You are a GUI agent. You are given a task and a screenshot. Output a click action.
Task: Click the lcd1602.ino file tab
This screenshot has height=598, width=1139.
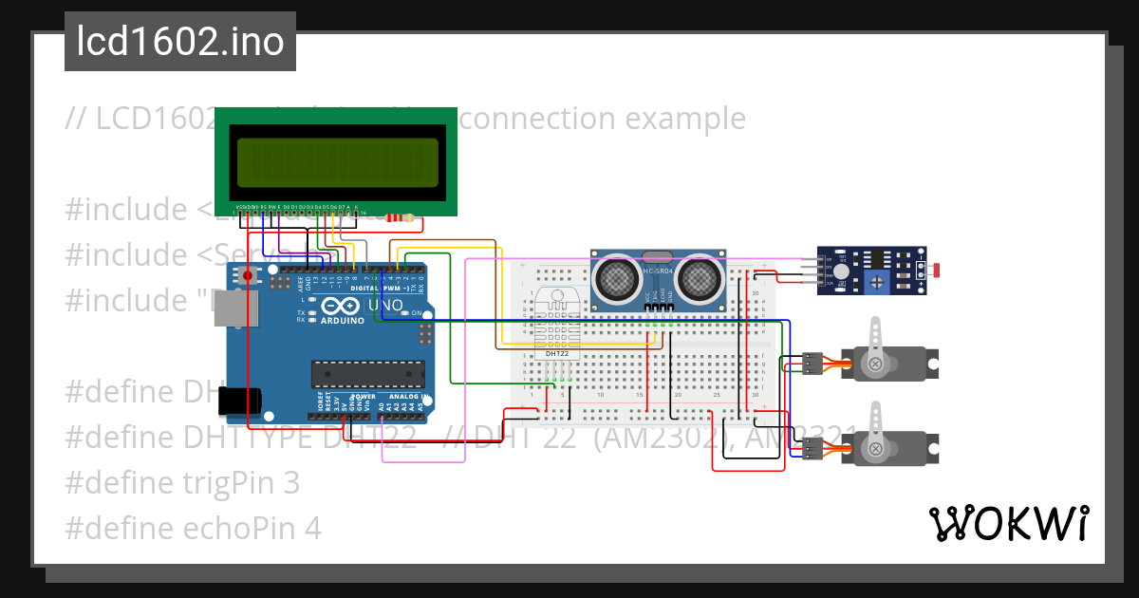click(179, 42)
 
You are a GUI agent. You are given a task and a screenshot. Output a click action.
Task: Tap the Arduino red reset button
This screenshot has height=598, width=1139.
click(249, 276)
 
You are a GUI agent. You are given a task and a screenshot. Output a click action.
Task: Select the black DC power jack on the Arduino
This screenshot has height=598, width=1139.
click(238, 402)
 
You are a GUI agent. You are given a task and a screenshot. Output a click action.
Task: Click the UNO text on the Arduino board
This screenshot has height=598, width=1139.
click(385, 306)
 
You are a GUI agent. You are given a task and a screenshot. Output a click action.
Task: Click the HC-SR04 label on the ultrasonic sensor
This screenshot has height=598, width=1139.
click(660, 272)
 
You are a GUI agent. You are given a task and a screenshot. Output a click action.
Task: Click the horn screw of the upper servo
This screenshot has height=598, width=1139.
click(875, 364)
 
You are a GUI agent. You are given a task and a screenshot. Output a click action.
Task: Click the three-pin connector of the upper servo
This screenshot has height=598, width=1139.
click(811, 364)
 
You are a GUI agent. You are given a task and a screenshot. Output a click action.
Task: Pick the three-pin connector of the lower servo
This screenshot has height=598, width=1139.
click(811, 448)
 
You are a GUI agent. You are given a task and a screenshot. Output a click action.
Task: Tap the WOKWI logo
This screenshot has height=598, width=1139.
click(1008, 523)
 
